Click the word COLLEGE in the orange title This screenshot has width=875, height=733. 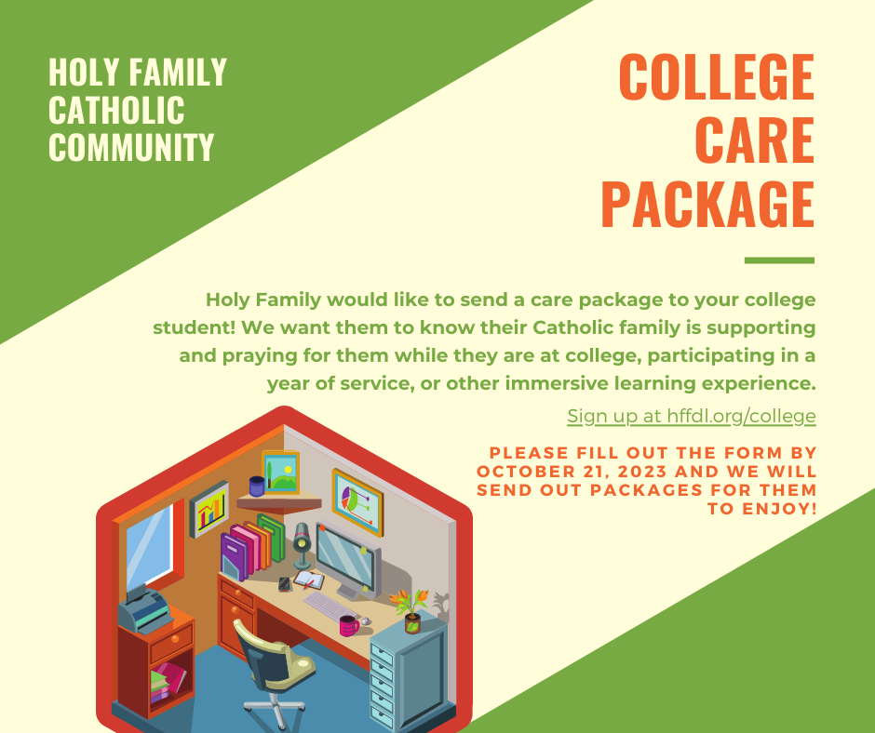click(x=717, y=76)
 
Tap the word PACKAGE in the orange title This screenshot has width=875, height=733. click(x=708, y=204)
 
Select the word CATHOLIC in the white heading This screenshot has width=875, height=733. click(x=116, y=110)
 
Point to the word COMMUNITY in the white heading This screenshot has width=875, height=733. click(x=131, y=147)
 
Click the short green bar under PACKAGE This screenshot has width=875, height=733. click(x=779, y=260)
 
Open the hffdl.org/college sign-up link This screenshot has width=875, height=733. click(x=692, y=416)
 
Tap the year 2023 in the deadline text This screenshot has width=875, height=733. click(x=641, y=472)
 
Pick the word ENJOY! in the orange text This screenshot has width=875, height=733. click(x=762, y=509)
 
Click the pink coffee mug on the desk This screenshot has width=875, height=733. click(x=349, y=625)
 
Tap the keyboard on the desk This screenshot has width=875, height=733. click(x=330, y=606)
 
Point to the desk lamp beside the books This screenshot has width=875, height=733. click(x=302, y=546)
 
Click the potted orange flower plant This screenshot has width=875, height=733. click(x=411, y=610)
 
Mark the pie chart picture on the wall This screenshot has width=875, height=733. click(x=357, y=502)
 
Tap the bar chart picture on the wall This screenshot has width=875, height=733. click(x=209, y=510)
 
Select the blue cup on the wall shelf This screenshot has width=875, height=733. click(x=257, y=486)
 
